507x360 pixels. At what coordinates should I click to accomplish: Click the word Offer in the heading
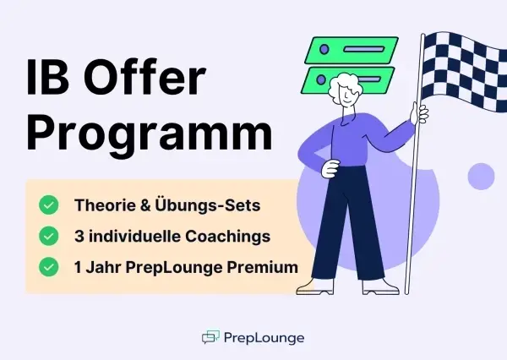[144, 77]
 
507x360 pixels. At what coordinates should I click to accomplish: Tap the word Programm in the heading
[149, 134]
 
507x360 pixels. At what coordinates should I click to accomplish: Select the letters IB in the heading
[47, 77]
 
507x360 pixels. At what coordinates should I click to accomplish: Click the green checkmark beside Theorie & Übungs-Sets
[49, 205]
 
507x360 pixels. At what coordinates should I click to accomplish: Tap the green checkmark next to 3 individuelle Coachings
[49, 236]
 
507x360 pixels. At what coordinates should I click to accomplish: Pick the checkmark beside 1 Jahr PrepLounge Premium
[49, 267]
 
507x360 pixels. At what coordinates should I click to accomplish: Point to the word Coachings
[227, 237]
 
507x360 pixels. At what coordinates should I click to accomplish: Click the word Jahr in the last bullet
[104, 268]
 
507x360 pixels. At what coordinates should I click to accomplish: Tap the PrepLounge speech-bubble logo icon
[210, 337]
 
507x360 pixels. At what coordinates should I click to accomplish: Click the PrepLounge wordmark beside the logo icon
[264, 338]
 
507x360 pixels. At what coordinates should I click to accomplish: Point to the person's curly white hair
[343, 85]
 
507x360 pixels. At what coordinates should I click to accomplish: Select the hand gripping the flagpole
[419, 113]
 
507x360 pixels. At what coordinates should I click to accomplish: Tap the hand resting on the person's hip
[330, 169]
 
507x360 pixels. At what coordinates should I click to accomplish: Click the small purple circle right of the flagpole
[481, 177]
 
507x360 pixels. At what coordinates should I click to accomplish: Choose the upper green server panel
[352, 50]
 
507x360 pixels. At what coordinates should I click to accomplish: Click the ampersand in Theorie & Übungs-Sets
[145, 205]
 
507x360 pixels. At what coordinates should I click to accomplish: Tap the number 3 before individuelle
[79, 237]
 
